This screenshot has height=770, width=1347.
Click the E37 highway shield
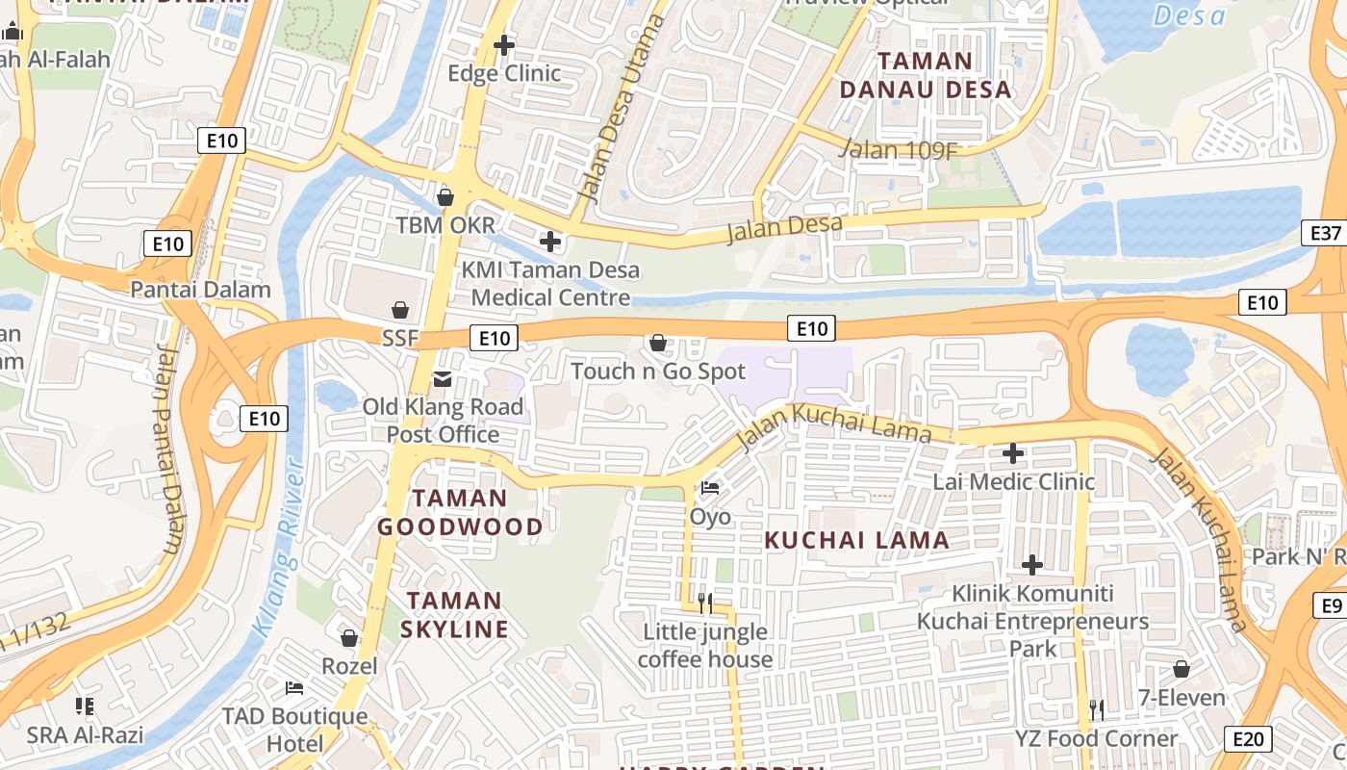coord(1326,233)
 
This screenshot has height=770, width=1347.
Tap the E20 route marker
coord(1248,738)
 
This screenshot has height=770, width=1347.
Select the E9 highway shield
coord(1332,605)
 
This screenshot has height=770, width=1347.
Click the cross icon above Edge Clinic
coord(503,45)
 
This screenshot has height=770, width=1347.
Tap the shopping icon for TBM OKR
coord(445,197)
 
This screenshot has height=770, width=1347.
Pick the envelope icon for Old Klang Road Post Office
coord(443,379)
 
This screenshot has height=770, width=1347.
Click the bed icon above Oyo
coord(710,488)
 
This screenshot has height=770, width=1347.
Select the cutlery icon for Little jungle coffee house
coord(705,603)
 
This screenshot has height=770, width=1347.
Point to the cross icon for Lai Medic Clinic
coord(1013,452)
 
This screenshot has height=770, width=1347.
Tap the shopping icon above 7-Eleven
coord(1182,669)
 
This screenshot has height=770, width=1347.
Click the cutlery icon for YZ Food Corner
coord(1097,710)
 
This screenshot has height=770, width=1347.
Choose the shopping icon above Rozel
coord(349,638)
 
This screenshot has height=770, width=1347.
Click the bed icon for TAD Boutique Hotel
coord(294,688)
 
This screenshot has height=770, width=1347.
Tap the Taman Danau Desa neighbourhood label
coord(926,75)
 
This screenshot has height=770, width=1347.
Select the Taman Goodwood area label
coord(460,512)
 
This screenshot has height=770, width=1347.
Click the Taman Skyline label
coord(456,615)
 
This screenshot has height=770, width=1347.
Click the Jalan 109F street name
coord(899,149)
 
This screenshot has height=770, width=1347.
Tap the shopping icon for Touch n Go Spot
coord(658,343)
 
